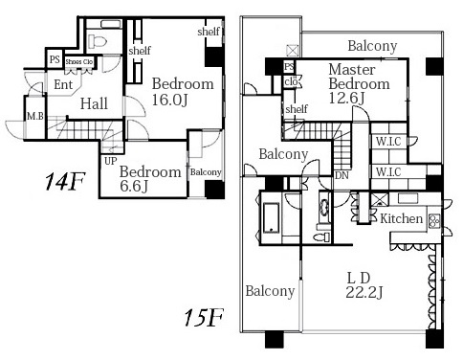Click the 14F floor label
(x=65, y=181)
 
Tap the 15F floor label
(x=204, y=318)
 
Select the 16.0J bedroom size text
(x=169, y=100)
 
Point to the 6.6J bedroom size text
(x=134, y=186)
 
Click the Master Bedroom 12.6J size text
(x=346, y=98)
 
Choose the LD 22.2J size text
(x=364, y=292)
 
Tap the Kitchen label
(x=402, y=218)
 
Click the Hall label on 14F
(x=94, y=103)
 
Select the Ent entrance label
(x=63, y=84)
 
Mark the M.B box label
(x=35, y=116)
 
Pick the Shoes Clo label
(x=79, y=62)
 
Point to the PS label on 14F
(x=55, y=59)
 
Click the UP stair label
(x=111, y=161)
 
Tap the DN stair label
(x=342, y=175)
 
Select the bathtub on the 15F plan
(x=271, y=218)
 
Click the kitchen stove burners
(x=434, y=220)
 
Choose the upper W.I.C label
(x=388, y=142)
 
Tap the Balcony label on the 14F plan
(x=206, y=172)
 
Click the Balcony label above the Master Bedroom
(x=372, y=46)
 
